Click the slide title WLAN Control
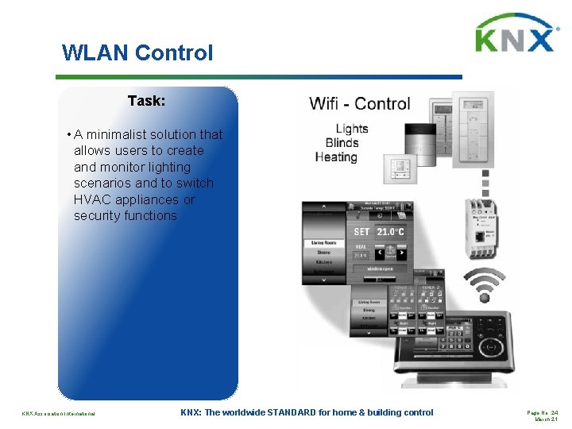pos(137,53)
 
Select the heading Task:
pos(146,101)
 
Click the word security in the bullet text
pos(97,215)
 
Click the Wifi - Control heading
pos(360,103)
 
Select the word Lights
pos(351,129)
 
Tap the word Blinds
pos(342,143)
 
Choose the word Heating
pos(336,157)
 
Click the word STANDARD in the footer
pos(316,412)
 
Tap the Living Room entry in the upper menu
pos(326,243)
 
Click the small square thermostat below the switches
pos(402,168)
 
